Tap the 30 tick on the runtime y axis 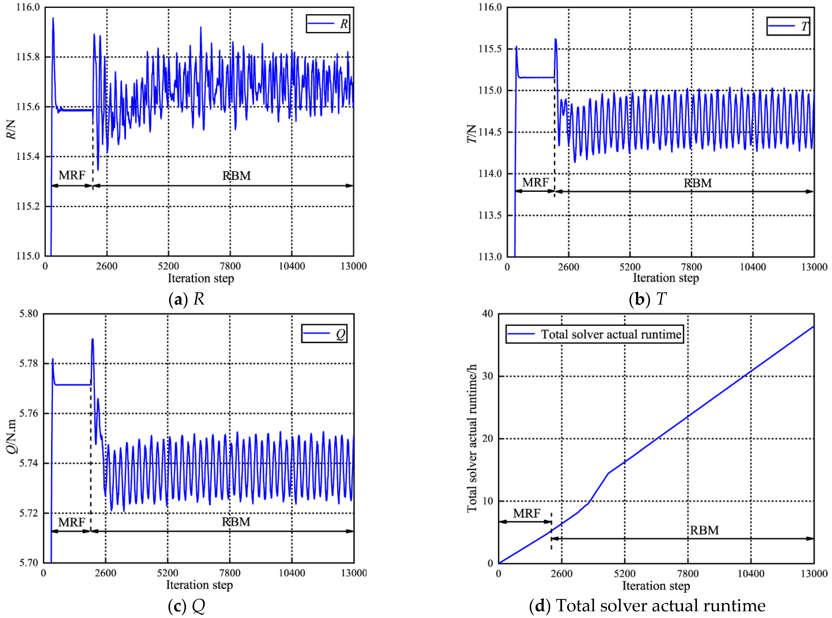coord(487,376)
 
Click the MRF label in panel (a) coord(72,175)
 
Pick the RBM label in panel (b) coord(698,183)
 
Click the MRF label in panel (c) coord(72,522)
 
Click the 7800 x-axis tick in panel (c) coord(230,573)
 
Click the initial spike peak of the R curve coord(53,18)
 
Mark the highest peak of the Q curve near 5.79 coord(92,339)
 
